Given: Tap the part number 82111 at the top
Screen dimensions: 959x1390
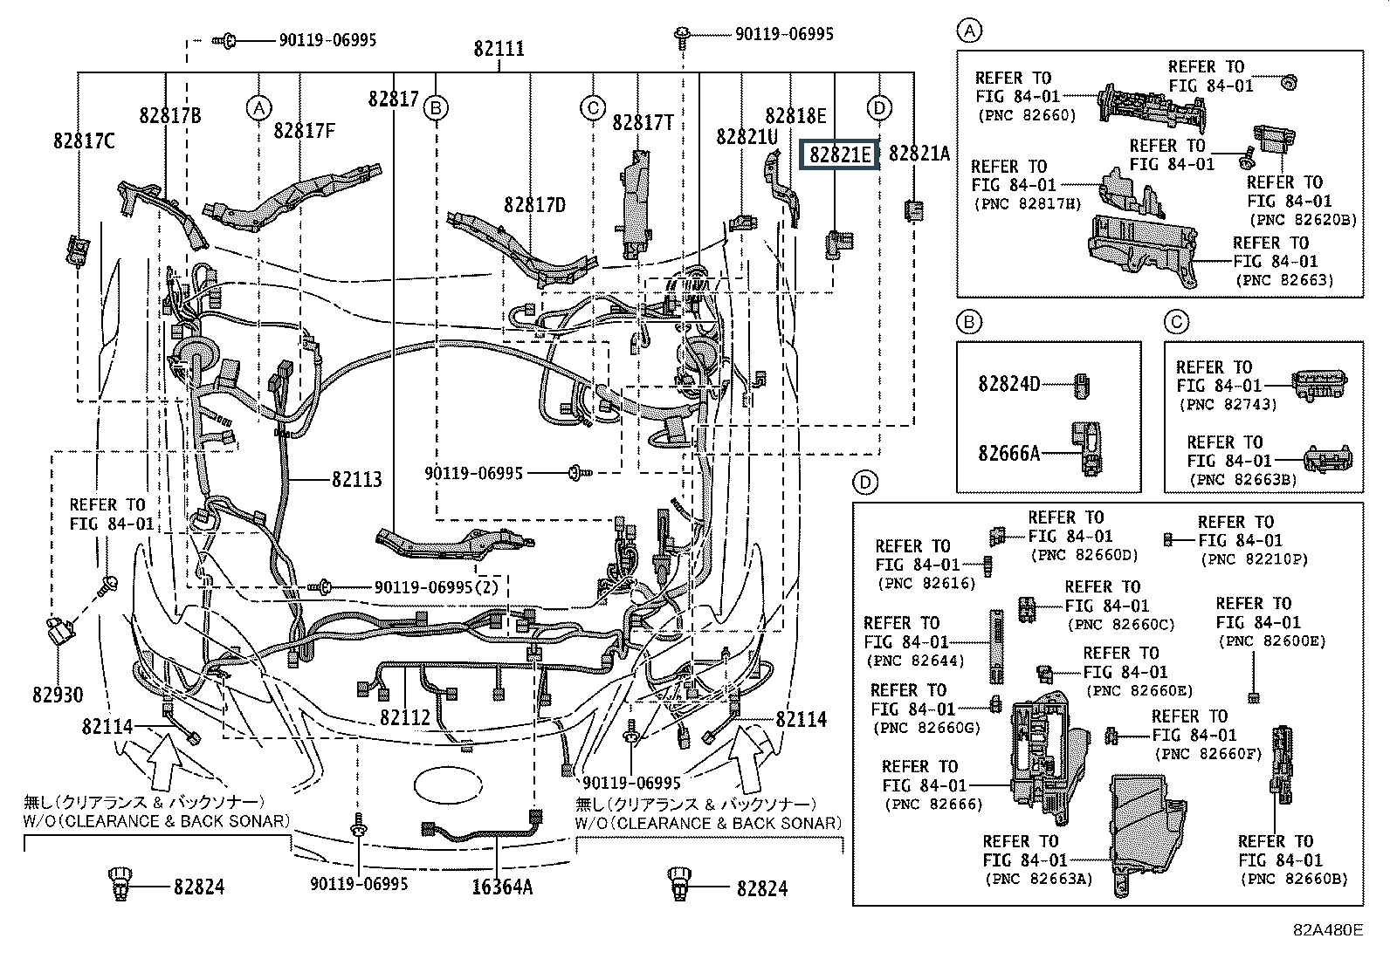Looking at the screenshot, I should click(x=499, y=48).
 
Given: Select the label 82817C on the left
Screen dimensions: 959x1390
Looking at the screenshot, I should click(x=84, y=140).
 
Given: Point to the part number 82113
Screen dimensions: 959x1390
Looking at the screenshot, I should click(x=356, y=480).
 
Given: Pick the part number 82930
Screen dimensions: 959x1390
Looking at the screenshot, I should click(x=58, y=695).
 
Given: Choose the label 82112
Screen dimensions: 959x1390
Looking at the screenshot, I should click(x=405, y=716).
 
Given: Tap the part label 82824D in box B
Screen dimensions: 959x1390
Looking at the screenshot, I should click(x=1009, y=382).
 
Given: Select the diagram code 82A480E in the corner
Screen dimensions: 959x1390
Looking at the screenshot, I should click(x=1328, y=930).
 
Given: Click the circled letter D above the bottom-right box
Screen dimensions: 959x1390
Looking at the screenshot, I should click(x=864, y=483).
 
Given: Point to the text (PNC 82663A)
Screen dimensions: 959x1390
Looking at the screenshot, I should click(x=1038, y=879).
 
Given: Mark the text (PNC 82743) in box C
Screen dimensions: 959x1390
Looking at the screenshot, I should click(x=1227, y=405).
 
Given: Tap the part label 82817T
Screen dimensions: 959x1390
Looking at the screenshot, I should click(x=643, y=122).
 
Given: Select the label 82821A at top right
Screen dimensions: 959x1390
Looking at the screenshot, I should click(x=919, y=154).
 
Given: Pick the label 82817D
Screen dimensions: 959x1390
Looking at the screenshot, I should click(x=534, y=205).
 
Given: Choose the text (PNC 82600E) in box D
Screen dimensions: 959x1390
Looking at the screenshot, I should click(x=1272, y=640).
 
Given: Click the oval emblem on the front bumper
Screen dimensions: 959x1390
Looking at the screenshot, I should click(x=454, y=782).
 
